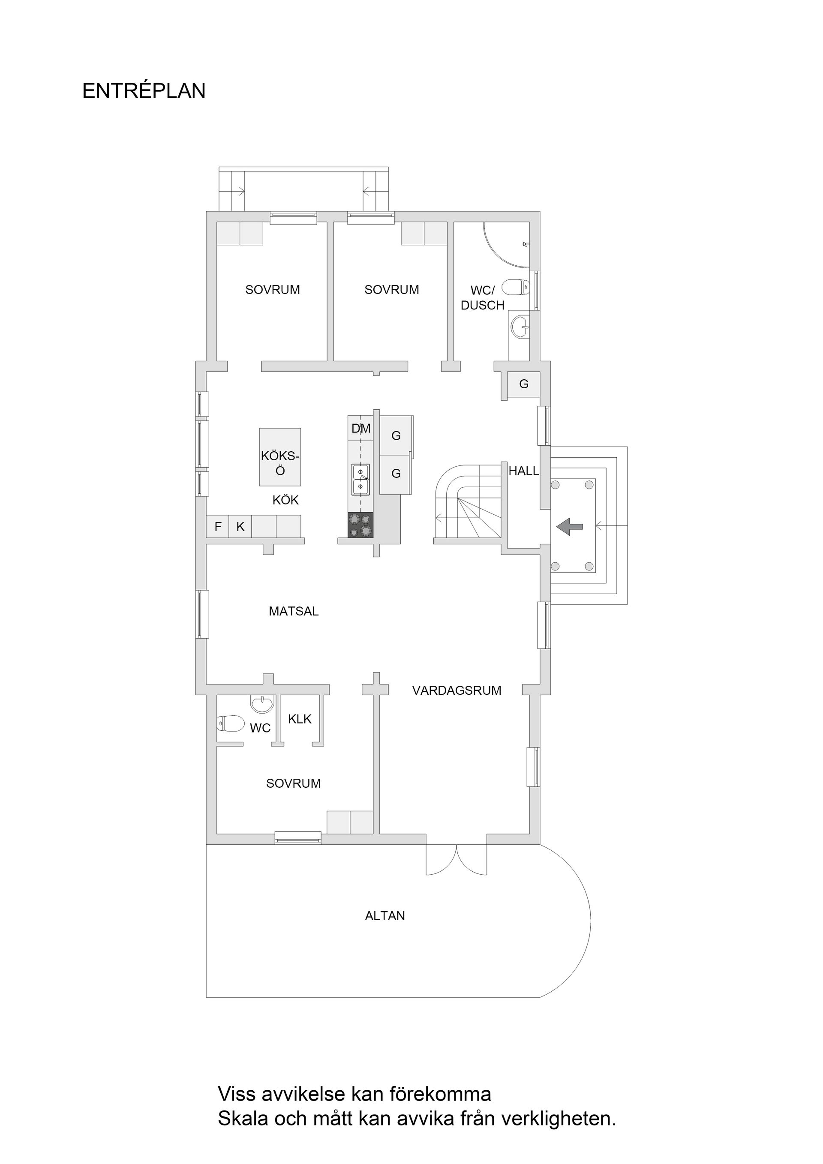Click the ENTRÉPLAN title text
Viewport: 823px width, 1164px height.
click(144, 91)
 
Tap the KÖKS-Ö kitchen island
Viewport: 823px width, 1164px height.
click(280, 456)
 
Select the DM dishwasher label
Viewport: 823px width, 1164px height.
click(360, 429)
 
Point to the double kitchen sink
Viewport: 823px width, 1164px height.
click(360, 479)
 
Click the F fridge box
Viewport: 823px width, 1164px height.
click(218, 527)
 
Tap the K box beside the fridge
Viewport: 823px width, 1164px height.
click(240, 527)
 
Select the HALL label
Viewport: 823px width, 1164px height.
click(523, 471)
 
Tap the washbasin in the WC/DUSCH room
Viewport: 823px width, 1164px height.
click(520, 327)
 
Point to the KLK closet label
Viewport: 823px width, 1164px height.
click(300, 719)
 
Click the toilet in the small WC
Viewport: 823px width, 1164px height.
click(230, 723)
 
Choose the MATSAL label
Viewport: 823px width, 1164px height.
click(294, 612)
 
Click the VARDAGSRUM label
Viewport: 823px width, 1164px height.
click(457, 690)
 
